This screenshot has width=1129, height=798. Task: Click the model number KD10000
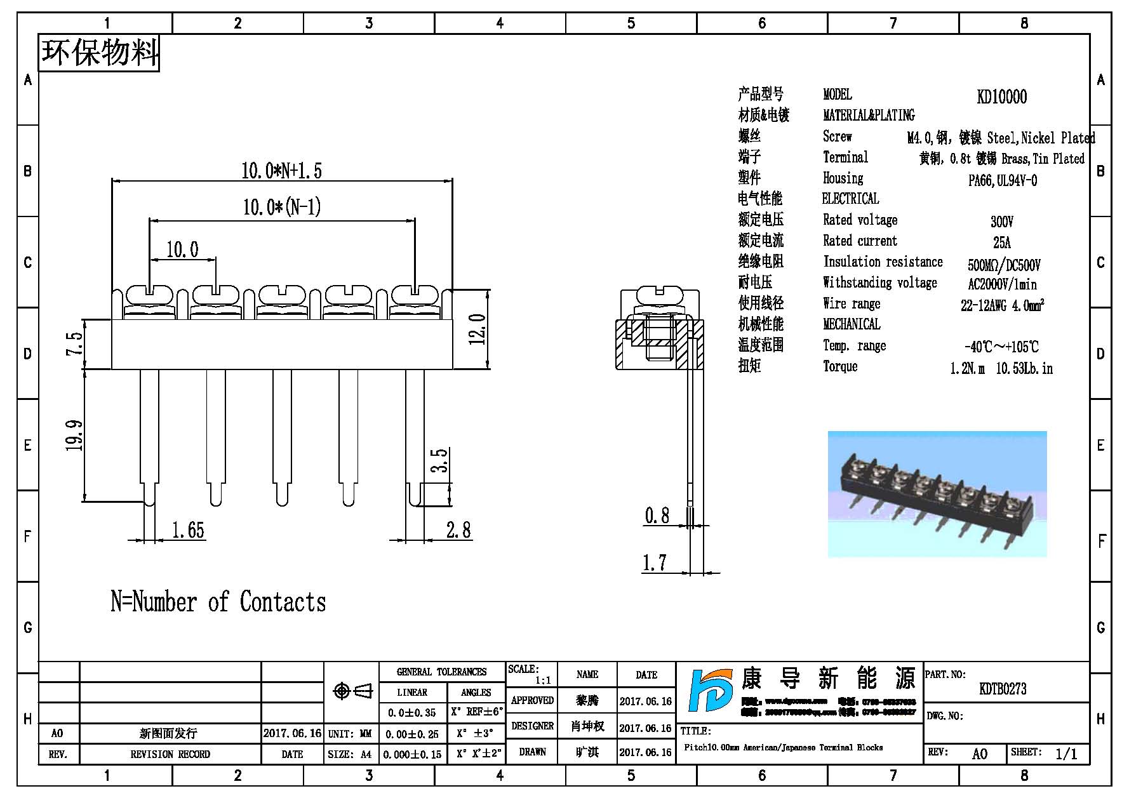(x=1001, y=96)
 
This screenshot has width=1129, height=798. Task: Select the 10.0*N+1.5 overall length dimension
(x=281, y=170)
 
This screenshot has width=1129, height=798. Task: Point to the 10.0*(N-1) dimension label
(x=282, y=207)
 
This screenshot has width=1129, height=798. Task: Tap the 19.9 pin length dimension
(x=75, y=435)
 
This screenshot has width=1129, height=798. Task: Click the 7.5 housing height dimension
(x=75, y=344)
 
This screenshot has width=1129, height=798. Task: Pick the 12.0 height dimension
(x=479, y=328)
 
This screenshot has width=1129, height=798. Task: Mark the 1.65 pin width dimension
(x=188, y=529)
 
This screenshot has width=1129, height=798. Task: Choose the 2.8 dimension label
(x=458, y=529)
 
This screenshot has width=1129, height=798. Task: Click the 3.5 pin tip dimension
(x=440, y=460)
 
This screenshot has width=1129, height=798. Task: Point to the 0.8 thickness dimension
(x=657, y=515)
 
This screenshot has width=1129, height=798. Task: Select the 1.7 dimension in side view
(x=654, y=562)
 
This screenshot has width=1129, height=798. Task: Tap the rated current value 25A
(x=1002, y=243)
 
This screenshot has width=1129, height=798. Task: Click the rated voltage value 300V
(x=1002, y=222)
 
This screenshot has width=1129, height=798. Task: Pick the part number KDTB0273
(x=1003, y=689)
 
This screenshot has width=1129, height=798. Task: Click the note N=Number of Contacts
(x=218, y=602)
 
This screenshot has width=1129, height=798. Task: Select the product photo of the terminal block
(x=937, y=495)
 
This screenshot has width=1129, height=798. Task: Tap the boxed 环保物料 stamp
(x=99, y=53)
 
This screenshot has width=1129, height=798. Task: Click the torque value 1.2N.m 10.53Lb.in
(x=1001, y=368)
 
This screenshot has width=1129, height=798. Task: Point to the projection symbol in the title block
(x=353, y=691)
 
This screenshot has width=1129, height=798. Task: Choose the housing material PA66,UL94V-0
(x=1002, y=180)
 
